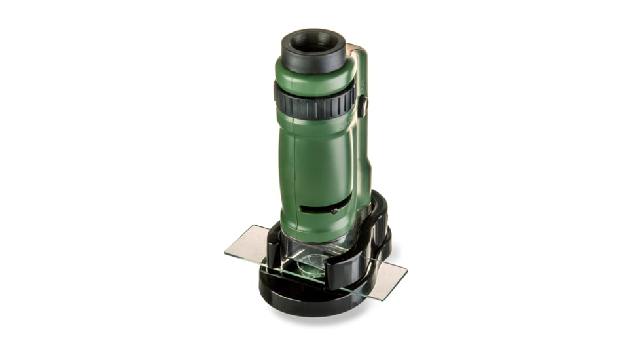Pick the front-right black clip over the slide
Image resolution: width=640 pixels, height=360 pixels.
click(347, 268)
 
